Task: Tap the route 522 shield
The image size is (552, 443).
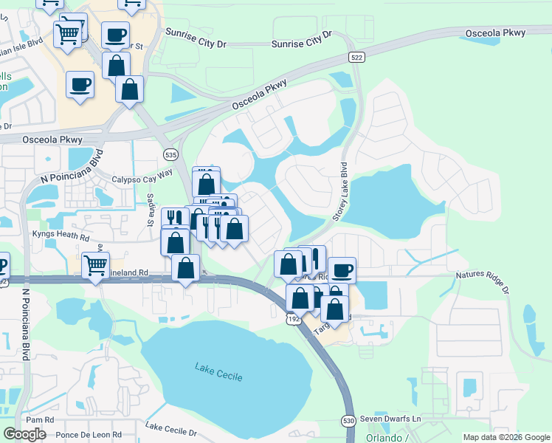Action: [357, 58]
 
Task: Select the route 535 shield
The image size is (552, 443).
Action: [170, 154]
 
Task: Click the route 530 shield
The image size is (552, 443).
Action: [349, 420]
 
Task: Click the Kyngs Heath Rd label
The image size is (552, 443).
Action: [60, 236]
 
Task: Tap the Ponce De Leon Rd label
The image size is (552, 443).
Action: [88, 435]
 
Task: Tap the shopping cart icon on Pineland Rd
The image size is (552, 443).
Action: [95, 264]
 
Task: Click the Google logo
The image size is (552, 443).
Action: [24, 434]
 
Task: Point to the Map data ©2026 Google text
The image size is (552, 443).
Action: [506, 437]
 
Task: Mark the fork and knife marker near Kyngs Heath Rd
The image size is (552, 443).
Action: [175, 219]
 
